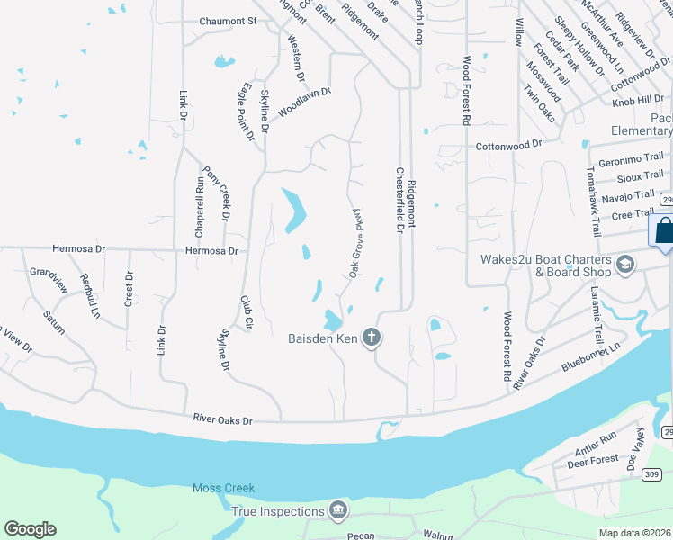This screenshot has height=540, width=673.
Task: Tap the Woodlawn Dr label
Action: [x=305, y=102]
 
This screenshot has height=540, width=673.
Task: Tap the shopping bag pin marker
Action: [x=664, y=231]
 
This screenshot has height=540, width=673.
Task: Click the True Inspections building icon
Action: [x=338, y=511]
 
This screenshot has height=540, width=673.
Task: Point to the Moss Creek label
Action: [x=223, y=489]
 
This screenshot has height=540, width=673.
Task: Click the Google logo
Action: [x=30, y=529]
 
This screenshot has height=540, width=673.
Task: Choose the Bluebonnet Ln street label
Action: [x=591, y=356]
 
